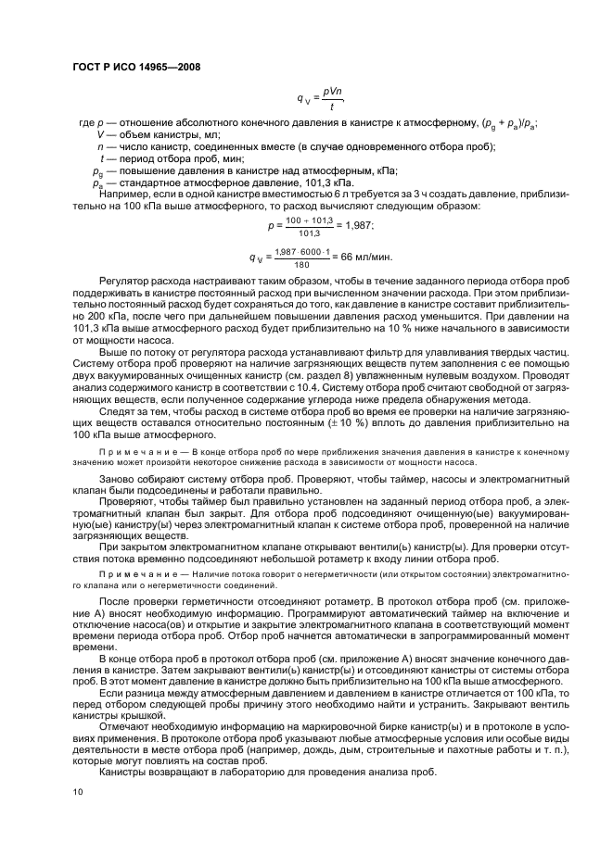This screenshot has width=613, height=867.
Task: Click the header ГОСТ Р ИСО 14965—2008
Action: pyautogui.click(x=135, y=68)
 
